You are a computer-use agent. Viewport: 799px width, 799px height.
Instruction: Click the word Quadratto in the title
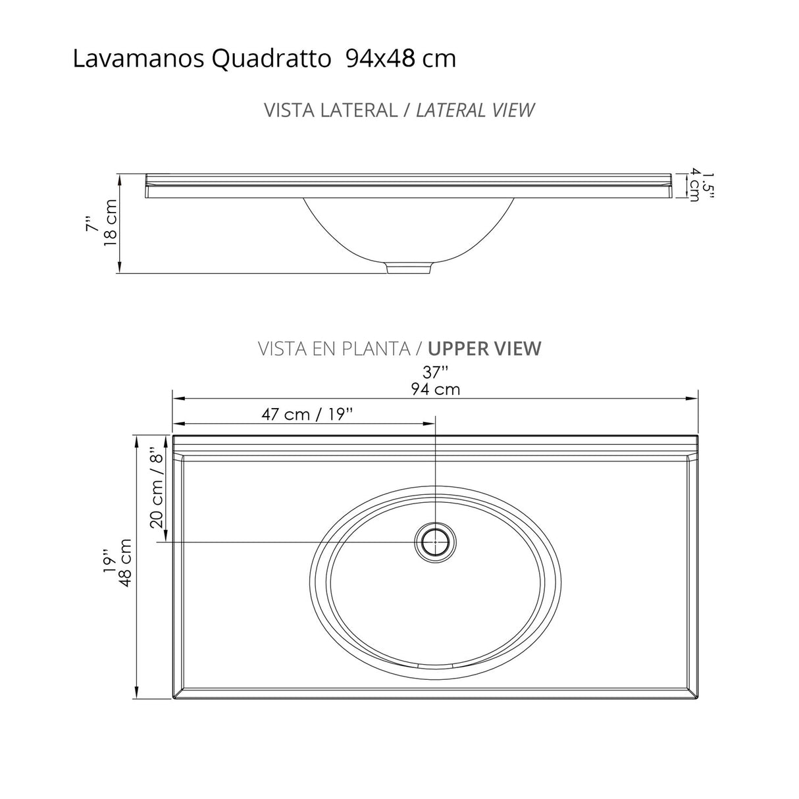(x=271, y=59)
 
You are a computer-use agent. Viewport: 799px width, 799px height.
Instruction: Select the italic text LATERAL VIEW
(x=475, y=110)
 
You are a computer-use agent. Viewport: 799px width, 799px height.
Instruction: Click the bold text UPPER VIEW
(x=484, y=348)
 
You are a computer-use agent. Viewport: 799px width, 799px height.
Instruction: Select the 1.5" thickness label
(x=708, y=185)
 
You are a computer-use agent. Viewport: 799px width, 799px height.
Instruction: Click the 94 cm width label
(x=435, y=389)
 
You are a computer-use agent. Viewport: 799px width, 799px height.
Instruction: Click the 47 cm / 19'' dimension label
(x=307, y=414)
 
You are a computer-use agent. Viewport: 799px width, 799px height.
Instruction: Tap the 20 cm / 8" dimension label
(x=156, y=488)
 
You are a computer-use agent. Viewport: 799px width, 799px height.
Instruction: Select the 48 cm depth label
(x=125, y=559)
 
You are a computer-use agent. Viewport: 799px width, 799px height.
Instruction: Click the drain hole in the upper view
(x=435, y=542)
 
